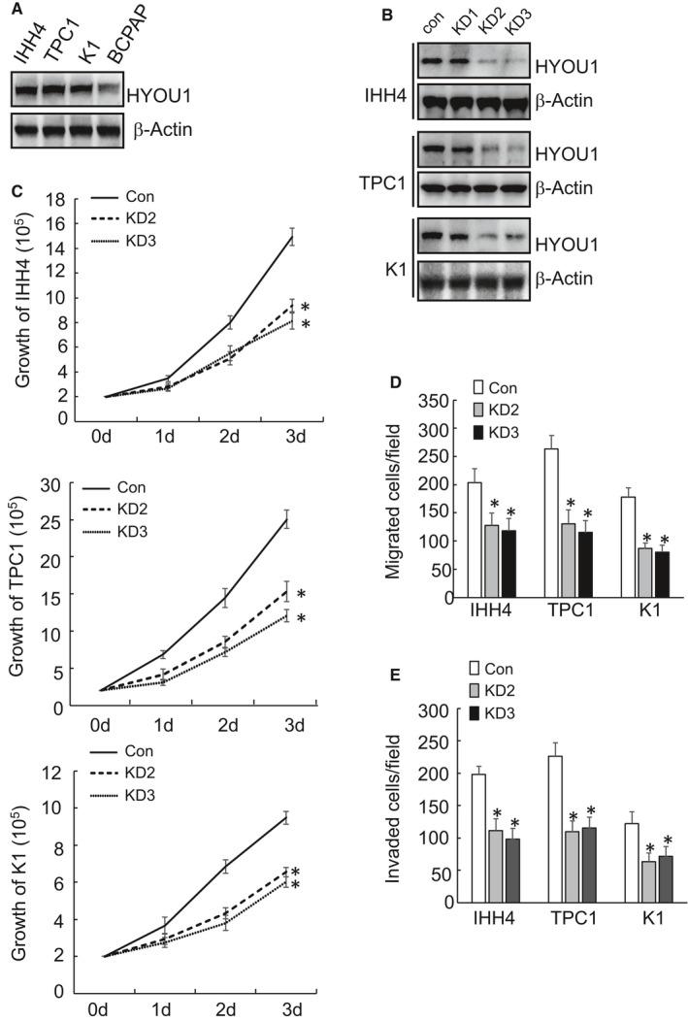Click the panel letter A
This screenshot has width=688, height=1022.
(x=16, y=12)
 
